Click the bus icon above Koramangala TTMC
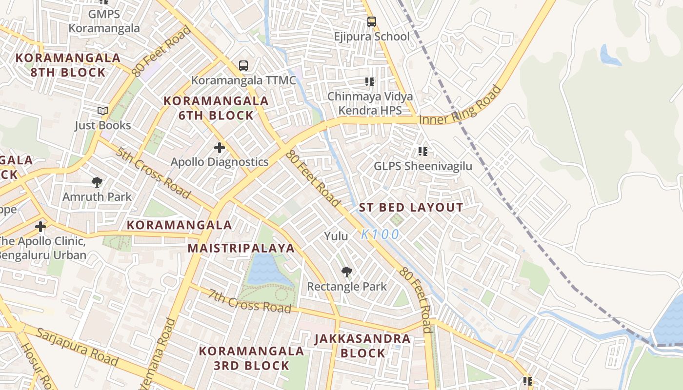point(243,65)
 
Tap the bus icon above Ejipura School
point(372,22)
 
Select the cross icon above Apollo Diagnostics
point(220,147)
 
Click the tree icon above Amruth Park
point(97,182)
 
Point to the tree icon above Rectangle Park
point(346,272)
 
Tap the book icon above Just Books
point(102,111)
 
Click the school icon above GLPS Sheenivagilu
point(423,152)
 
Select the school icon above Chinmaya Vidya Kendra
point(369,82)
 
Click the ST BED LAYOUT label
point(411,208)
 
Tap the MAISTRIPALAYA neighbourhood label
point(241,248)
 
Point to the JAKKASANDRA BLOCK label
point(362,346)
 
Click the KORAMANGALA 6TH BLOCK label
point(216,108)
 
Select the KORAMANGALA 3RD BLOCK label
point(251,358)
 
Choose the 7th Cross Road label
point(250,301)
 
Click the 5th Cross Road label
point(153,173)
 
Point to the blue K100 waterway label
point(380,234)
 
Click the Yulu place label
point(336,236)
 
